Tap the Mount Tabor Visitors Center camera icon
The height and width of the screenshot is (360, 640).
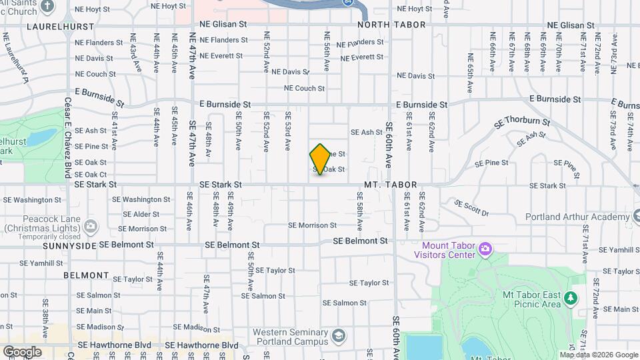coord(485,250)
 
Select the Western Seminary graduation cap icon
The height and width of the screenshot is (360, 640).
coord(339,335)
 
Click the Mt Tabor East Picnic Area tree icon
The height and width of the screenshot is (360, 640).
coord(571,297)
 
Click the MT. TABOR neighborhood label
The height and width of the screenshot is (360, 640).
coord(391,185)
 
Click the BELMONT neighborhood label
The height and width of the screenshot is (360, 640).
coord(86,275)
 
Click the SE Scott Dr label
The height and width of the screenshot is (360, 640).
coord(471,208)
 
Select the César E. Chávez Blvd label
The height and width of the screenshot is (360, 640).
coord(67,139)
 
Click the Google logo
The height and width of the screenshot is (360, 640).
coord(21,351)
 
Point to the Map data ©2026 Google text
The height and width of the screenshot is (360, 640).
coord(598,355)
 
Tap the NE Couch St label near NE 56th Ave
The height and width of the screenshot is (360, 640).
coord(304,88)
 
